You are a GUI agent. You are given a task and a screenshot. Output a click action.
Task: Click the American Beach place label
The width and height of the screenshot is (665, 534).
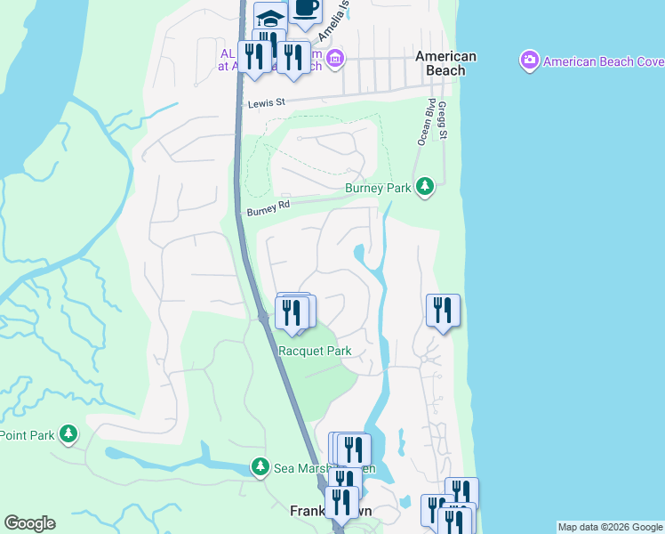(446, 63)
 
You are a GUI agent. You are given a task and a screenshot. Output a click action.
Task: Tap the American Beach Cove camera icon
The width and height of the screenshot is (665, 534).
(530, 61)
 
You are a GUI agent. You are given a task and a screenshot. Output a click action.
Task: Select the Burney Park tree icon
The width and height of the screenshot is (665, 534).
(426, 186)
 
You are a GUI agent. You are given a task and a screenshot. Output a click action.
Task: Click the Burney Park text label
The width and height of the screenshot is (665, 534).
(378, 188)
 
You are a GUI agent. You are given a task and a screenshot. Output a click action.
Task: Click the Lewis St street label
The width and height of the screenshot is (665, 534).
(266, 103)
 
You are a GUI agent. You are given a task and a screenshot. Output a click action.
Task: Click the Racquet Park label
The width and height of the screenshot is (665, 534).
(315, 351)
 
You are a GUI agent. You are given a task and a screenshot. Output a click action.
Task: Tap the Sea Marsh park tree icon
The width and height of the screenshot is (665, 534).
(260, 466)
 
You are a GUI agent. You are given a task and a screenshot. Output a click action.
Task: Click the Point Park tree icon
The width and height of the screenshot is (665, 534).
(68, 434)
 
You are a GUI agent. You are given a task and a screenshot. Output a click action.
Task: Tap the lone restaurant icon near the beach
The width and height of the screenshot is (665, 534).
(443, 311)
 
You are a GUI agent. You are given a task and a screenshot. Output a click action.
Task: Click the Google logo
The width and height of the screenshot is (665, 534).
(29, 523)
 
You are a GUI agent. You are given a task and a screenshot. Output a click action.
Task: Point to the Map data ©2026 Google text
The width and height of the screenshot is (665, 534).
(609, 527)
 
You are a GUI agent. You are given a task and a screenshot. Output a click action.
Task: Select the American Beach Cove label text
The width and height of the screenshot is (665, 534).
(603, 61)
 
